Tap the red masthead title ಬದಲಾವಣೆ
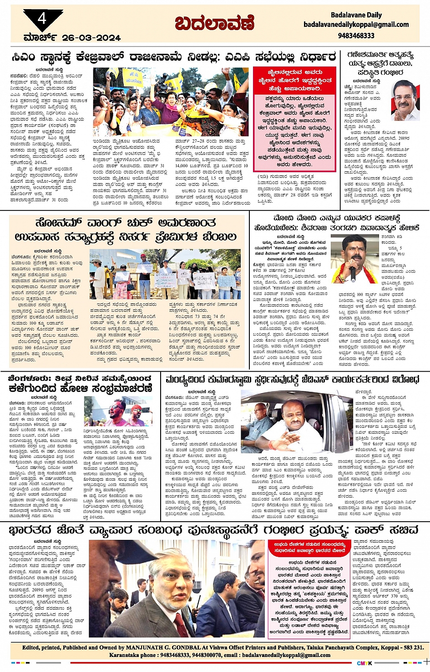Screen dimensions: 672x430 pos(214,23)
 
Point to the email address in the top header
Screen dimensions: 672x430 pos(356,25)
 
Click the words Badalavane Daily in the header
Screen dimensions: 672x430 pos(356,15)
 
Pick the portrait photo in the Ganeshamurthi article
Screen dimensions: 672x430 pos(405,100)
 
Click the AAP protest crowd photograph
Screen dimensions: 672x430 pos(171,102)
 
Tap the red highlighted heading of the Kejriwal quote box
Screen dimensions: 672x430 pos(295,81)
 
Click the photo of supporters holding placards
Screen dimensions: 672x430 pos(165,274)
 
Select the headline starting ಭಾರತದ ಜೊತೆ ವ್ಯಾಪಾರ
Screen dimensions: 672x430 pos(213,530)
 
